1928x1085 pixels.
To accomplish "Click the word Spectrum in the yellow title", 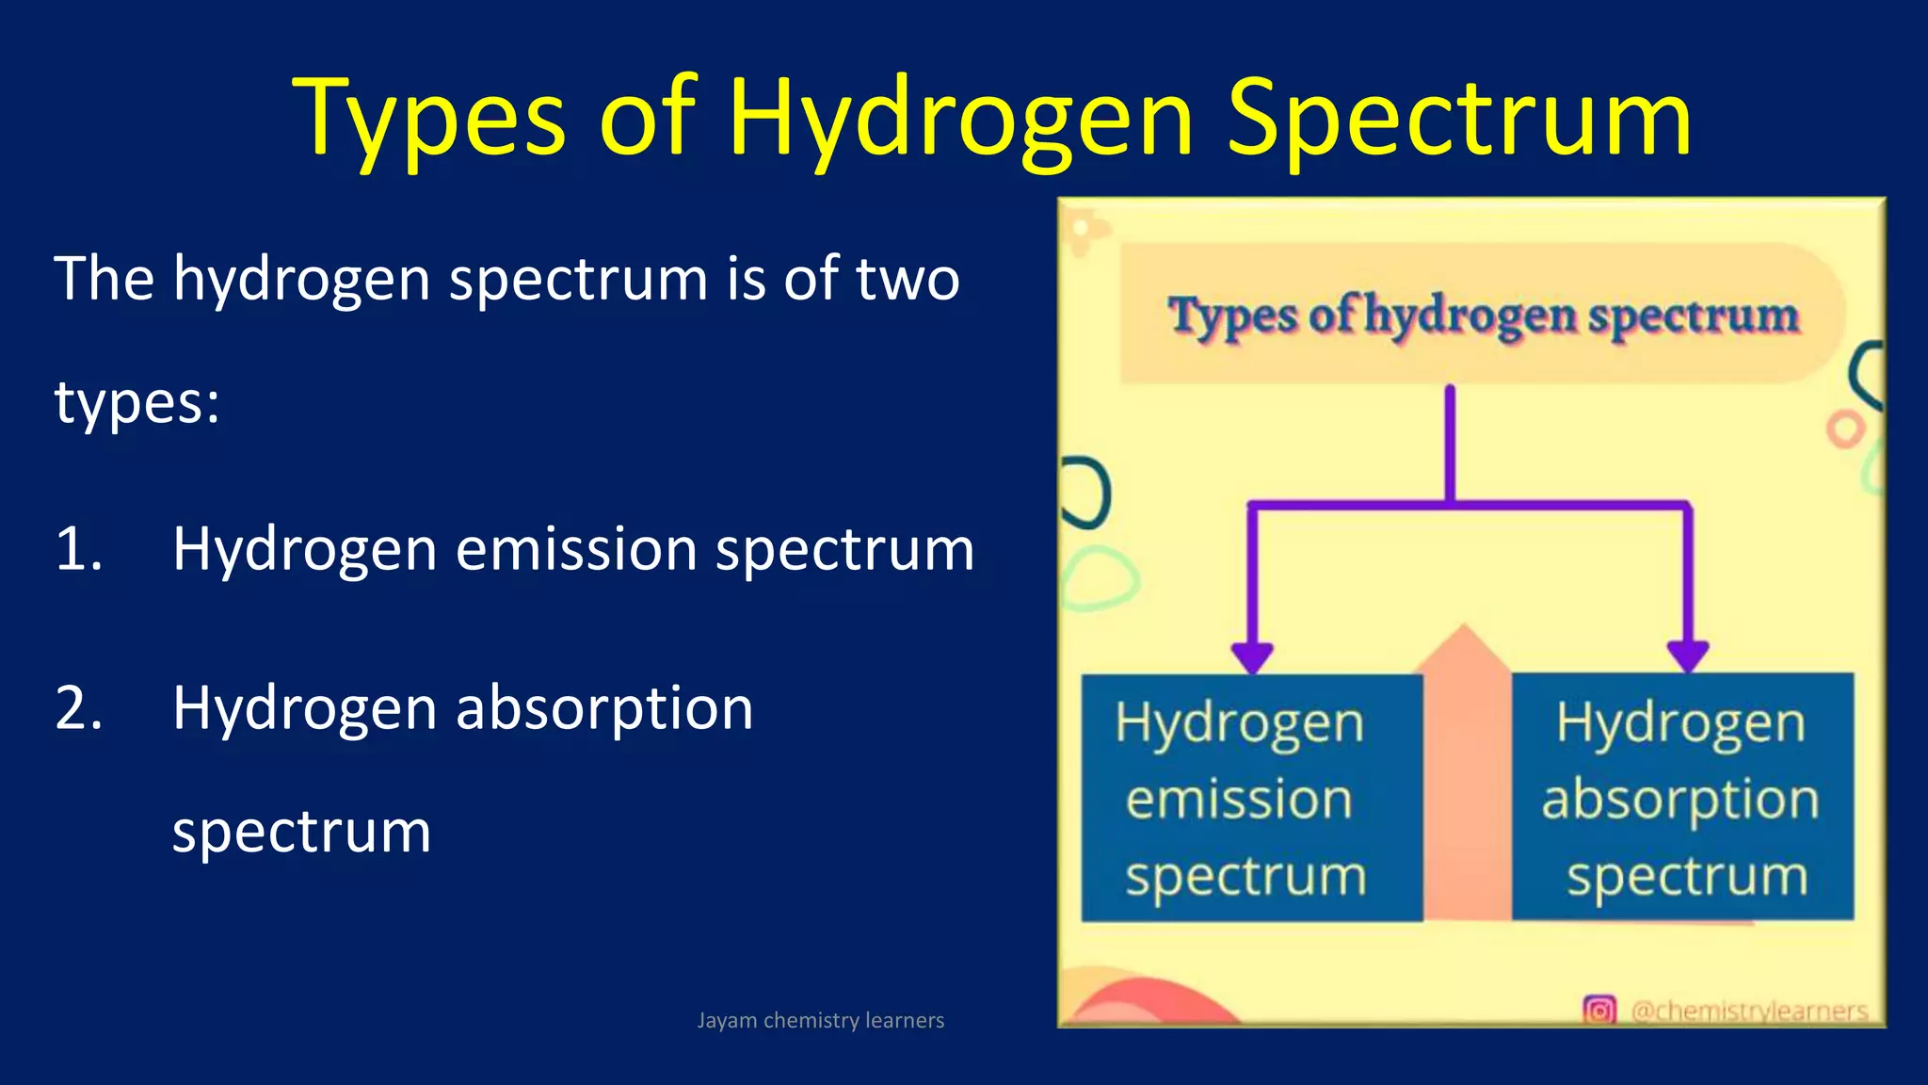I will [x=1459, y=121].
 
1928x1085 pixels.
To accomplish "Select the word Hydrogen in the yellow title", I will [x=960, y=121].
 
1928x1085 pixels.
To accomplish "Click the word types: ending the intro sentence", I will [x=137, y=403].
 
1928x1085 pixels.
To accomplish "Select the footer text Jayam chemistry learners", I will [x=820, y=1020].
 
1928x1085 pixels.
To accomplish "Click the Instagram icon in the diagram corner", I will [x=1599, y=1010].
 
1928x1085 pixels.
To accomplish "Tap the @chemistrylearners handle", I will [x=1749, y=1011].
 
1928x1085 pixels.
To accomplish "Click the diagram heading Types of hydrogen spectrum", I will [x=1483, y=316].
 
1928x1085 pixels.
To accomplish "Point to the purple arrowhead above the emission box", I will [x=1252, y=656].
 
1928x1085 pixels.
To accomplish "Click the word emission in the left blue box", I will [x=1239, y=800].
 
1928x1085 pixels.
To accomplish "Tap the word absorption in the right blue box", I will [x=1680, y=801].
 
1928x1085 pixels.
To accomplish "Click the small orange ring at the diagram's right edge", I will [x=1845, y=429].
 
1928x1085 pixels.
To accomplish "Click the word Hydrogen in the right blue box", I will [x=1680, y=723].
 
